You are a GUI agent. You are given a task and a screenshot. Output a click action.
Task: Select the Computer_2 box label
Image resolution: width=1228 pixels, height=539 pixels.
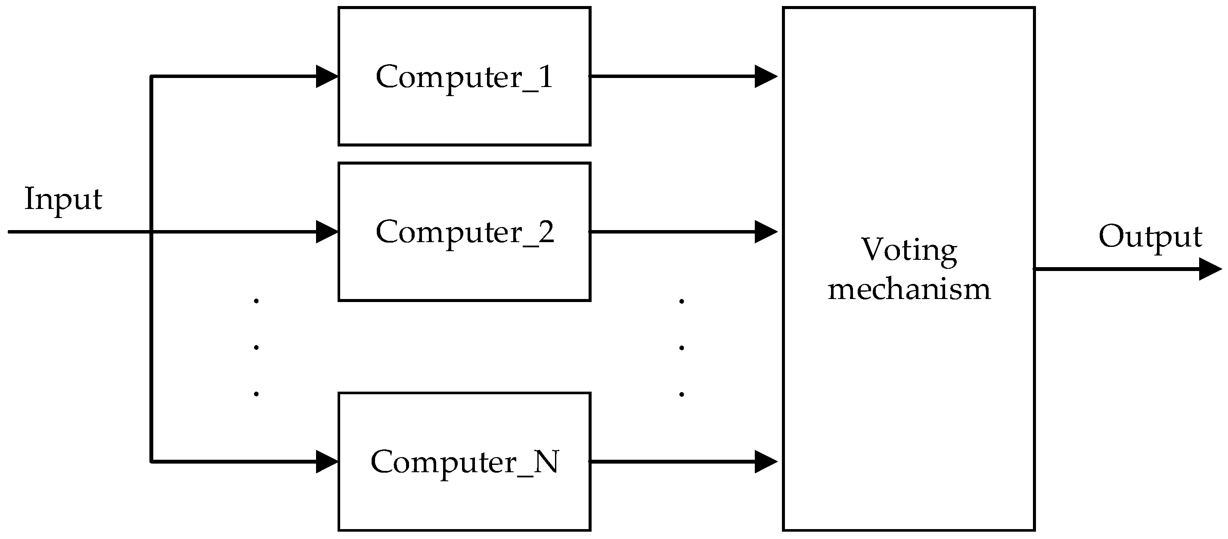[x=464, y=232]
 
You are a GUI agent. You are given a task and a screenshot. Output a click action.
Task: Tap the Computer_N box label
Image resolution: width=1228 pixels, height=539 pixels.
[x=464, y=462]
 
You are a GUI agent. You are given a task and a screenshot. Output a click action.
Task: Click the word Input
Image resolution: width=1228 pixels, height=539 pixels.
[x=63, y=199]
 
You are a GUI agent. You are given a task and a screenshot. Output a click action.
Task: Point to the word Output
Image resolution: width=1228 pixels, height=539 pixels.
[x=1150, y=237]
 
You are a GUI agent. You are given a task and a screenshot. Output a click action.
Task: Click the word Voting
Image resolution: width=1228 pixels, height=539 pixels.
[x=909, y=250]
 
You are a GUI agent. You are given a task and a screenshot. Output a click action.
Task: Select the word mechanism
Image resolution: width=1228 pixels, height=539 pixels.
[x=909, y=290]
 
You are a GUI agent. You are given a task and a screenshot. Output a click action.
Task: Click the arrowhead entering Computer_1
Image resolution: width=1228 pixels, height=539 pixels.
[x=328, y=76]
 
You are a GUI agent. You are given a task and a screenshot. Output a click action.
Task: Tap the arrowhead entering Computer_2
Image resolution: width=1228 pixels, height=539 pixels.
[x=328, y=232]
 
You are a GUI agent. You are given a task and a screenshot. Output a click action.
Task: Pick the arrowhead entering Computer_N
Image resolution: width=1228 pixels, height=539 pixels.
[x=328, y=462]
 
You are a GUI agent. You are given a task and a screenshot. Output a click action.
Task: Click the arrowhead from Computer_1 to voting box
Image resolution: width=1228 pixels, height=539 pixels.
[x=766, y=76]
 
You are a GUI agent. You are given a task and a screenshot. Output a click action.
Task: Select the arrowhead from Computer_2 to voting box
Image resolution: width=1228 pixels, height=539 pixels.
[x=766, y=232]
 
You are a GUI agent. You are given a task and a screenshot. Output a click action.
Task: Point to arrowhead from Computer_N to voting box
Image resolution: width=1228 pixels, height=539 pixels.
[x=766, y=462]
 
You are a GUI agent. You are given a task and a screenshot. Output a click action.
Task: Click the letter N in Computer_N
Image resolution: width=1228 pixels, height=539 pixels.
[x=546, y=462]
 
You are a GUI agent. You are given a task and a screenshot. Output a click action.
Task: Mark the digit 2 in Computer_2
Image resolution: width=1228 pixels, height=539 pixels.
[x=546, y=232]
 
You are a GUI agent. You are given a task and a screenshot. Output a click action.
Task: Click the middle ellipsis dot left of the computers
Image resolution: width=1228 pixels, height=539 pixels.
[x=257, y=347]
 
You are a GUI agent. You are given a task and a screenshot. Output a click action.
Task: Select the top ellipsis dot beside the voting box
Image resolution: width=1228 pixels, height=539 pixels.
[x=682, y=301]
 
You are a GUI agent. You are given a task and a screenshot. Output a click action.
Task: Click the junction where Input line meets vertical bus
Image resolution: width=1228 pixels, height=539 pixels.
[x=151, y=232]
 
